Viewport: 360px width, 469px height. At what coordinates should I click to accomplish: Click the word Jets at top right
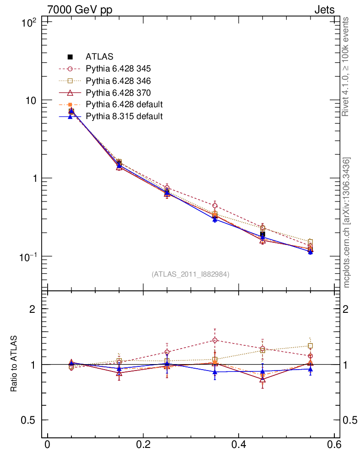tap(324, 10)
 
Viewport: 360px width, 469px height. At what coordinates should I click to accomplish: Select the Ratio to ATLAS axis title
tap(14, 364)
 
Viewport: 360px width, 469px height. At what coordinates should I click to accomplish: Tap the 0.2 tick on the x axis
tap(143, 445)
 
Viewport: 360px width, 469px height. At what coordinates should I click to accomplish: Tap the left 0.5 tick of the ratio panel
tap(30, 420)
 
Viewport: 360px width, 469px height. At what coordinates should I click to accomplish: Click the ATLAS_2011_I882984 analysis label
tap(191, 274)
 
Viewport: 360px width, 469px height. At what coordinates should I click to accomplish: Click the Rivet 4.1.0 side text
tap(346, 66)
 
